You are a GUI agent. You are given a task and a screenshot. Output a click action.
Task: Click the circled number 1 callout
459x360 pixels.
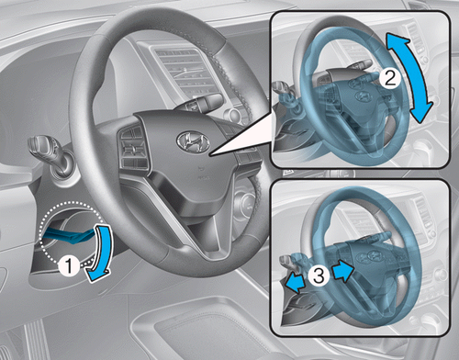pos(69,265)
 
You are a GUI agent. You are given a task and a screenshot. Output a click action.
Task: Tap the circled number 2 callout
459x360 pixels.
pos(390,79)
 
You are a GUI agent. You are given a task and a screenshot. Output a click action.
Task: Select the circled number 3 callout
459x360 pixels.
pos(319,276)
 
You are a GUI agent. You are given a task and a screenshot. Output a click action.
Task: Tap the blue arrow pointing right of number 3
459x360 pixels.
pos(342,271)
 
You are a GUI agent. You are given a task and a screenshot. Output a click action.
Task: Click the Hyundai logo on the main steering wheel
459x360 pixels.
pos(193,142)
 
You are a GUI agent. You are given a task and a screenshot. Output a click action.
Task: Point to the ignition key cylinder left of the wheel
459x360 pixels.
pos(62,166)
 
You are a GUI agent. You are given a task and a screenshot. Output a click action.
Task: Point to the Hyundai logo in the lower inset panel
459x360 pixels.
pos(373,255)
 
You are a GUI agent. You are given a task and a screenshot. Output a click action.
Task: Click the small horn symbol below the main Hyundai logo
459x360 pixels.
pos(200,168)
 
